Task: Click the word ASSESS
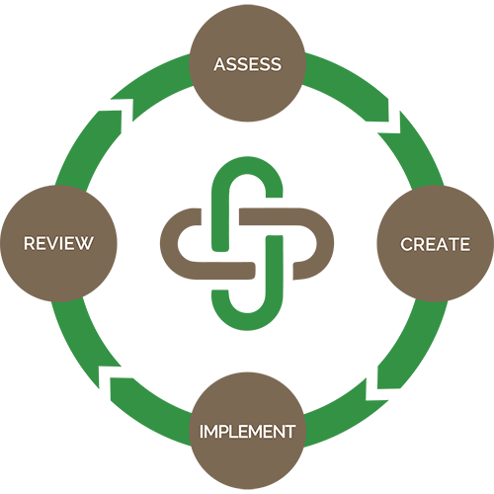click(247, 65)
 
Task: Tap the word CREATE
click(435, 244)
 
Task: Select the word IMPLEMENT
click(247, 432)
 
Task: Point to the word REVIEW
click(58, 243)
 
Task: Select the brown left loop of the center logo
click(184, 243)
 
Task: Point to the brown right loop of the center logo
click(310, 243)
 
